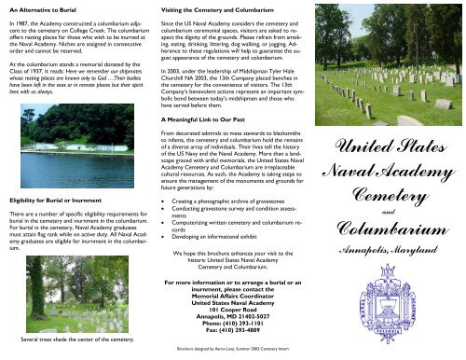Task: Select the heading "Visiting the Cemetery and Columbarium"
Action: [215, 7]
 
